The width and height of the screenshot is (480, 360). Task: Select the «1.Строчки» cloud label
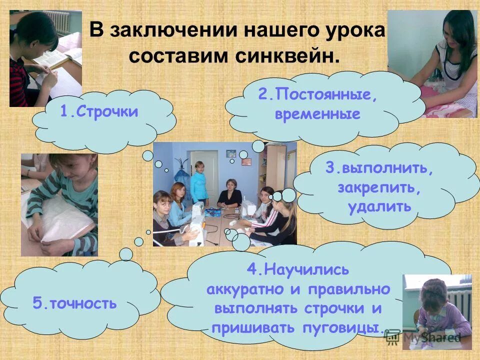point(99,111)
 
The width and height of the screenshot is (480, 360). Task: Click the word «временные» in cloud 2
point(317,114)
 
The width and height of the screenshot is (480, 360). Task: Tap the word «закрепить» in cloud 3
point(380,187)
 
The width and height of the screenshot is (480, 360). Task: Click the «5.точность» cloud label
point(74,303)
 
